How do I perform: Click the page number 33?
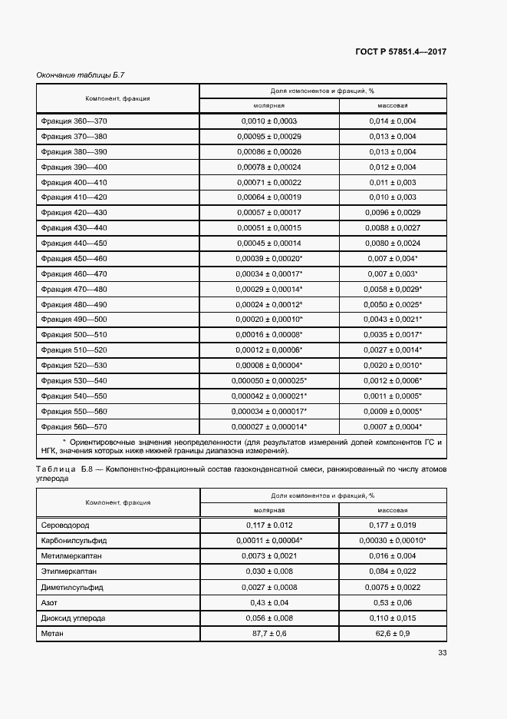coord(442,653)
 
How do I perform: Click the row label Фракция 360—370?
coord(74,121)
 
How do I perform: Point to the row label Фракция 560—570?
coord(74,426)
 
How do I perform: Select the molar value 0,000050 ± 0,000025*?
coord(269,380)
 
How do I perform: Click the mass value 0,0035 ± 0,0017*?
coord(393,335)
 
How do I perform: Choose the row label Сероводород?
coord(67,525)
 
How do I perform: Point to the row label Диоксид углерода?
coord(73,618)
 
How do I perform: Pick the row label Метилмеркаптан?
coord(72,556)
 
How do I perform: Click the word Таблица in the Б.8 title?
coord(55,468)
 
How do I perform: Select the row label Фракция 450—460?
coord(74,258)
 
